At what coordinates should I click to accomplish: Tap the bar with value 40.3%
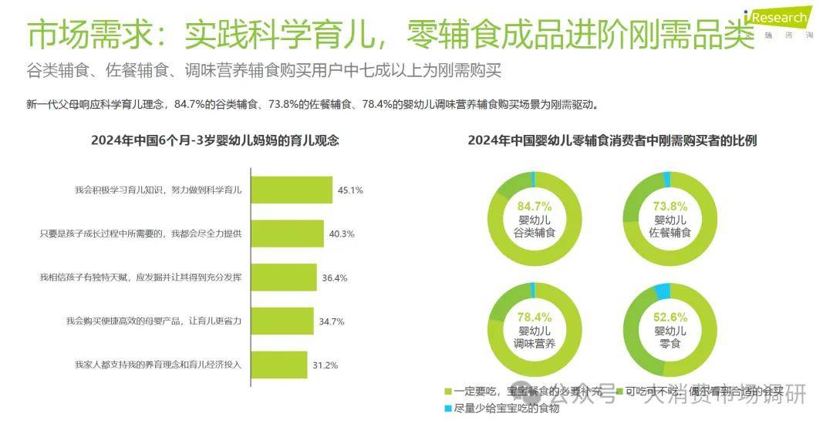(x=283, y=234)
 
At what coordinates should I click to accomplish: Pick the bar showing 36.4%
(x=279, y=277)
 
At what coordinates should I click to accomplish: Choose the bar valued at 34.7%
(x=278, y=321)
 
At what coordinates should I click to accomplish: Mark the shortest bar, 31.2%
(x=275, y=365)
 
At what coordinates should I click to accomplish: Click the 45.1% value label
(x=349, y=190)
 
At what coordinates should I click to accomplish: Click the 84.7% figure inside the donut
(x=535, y=206)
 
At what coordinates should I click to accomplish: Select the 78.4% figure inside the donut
(x=535, y=317)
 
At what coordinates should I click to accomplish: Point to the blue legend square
(x=448, y=409)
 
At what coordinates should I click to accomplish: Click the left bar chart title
(x=215, y=140)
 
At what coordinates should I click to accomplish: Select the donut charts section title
(x=612, y=140)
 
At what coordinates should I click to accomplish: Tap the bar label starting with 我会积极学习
(x=158, y=190)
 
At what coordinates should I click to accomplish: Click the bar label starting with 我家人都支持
(x=158, y=365)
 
